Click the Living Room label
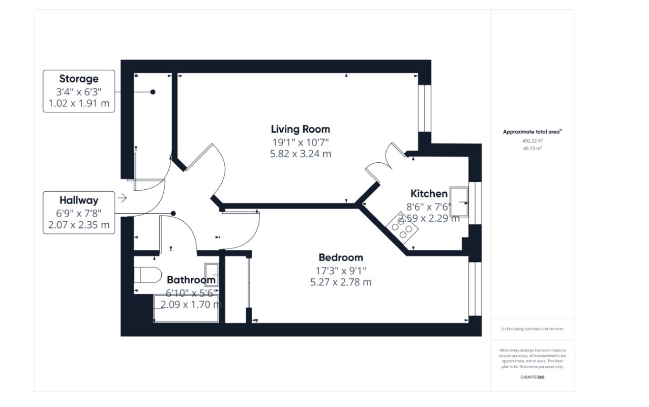coord(300,129)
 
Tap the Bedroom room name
coord(341,257)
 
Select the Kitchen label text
coord(429,193)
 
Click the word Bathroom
coord(191,280)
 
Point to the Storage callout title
coord(79,79)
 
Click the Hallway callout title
coord(79,200)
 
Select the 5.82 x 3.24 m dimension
coord(300,153)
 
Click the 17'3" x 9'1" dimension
coord(341,270)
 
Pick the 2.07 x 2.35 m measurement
coord(79,224)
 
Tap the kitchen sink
coord(459,202)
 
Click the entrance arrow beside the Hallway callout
coord(122,198)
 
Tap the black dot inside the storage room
coord(152,92)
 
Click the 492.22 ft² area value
coord(532,140)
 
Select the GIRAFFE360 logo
coord(532,377)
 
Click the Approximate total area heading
coord(532,132)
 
